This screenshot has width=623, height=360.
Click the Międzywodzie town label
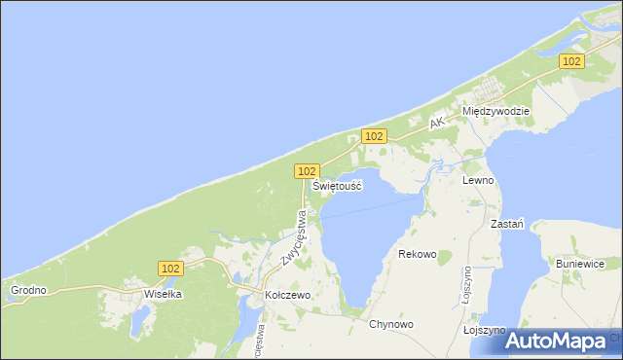click(x=495, y=111)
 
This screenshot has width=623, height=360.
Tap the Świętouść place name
click(x=337, y=185)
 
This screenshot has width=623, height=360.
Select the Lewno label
click(x=479, y=181)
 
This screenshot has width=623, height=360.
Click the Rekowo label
click(x=418, y=254)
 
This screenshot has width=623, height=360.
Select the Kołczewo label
click(x=287, y=293)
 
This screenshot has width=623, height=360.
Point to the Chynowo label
click(x=391, y=324)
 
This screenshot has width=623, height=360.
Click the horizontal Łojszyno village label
click(x=483, y=331)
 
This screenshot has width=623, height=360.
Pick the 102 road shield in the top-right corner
click(x=571, y=61)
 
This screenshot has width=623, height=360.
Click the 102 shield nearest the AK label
click(x=374, y=136)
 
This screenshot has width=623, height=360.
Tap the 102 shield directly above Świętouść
click(x=306, y=170)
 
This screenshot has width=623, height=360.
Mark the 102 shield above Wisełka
click(x=169, y=268)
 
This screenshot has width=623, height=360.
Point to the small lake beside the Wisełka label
click(x=144, y=317)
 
